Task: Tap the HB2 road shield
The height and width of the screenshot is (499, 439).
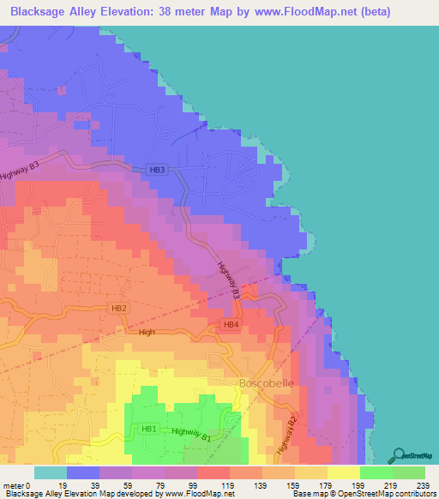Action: pyautogui.click(x=119, y=308)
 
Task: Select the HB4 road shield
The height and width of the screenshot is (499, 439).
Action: pyautogui.click(x=231, y=324)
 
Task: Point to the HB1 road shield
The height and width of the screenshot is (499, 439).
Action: pyautogui.click(x=149, y=429)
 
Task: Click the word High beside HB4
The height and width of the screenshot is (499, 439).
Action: pyautogui.click(x=147, y=331)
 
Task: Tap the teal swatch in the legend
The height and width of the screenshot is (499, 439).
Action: pyautogui.click(x=51, y=472)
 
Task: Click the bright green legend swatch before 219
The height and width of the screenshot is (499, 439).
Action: pyautogui.click(x=376, y=472)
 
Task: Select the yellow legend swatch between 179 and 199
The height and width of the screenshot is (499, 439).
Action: pyautogui.click(x=343, y=472)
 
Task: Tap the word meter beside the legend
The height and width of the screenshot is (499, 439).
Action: pyautogui.click(x=13, y=485)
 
